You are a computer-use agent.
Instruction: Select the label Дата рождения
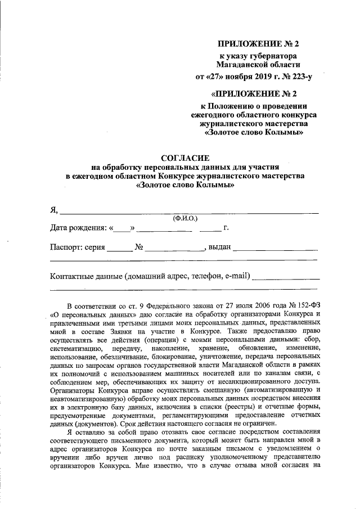[78, 228]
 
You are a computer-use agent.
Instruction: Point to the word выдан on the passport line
[219, 247]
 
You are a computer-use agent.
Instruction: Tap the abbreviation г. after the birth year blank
[226, 228]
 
